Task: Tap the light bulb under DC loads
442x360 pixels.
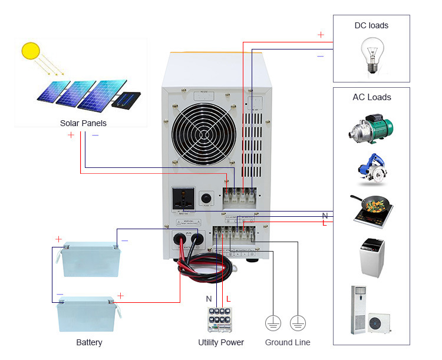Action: tap(371, 56)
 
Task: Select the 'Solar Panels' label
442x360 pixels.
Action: tap(83, 123)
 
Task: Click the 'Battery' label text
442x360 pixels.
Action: tap(89, 342)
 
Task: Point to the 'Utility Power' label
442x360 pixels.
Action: tap(220, 342)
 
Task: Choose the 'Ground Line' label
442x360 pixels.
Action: tap(287, 342)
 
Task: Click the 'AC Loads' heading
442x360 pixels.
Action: tap(371, 97)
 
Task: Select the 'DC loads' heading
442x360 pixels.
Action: tap(371, 25)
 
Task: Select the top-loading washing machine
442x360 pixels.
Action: tap(372, 256)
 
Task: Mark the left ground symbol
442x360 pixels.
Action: tap(272, 322)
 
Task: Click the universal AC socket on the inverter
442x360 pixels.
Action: tap(182, 200)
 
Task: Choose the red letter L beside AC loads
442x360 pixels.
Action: tap(324, 223)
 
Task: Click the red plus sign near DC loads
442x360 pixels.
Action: tap(321, 35)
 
